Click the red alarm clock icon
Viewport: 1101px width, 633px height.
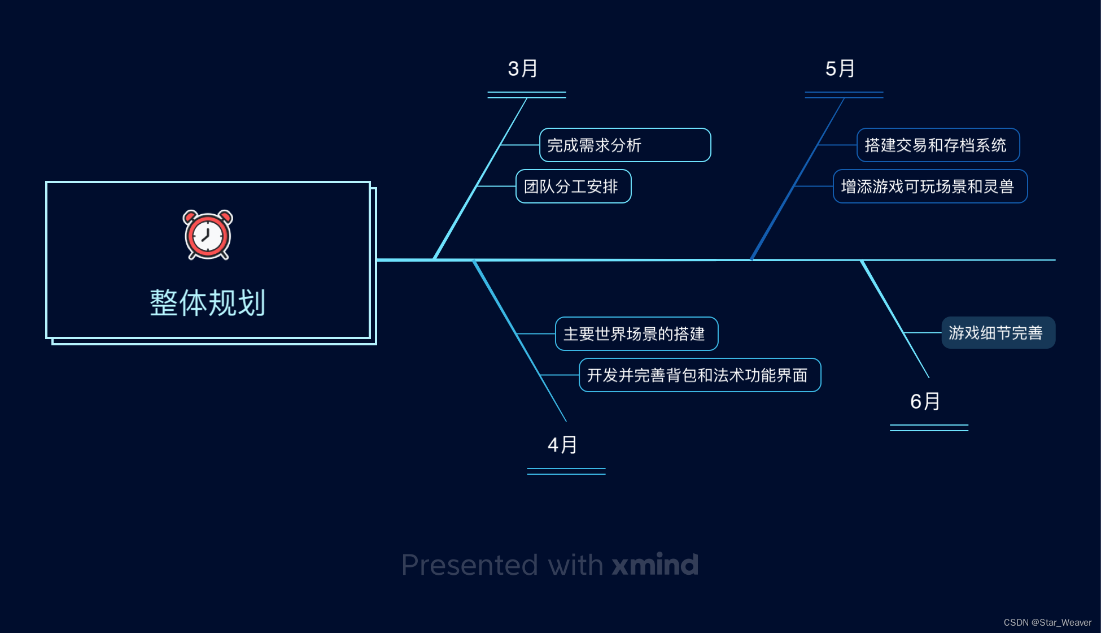208,235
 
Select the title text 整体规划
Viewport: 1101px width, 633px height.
208,303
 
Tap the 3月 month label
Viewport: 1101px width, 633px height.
523,69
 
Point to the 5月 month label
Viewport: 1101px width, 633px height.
840,69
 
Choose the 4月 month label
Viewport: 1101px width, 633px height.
562,445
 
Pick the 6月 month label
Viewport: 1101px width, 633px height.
925,402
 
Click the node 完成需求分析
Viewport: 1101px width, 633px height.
624,145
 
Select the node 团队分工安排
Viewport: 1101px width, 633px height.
573,187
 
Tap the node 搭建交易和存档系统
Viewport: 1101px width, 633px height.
938,145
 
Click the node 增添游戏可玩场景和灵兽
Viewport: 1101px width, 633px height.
930,187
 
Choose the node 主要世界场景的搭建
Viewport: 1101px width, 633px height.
636,334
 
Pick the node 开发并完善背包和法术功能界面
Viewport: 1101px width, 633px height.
700,375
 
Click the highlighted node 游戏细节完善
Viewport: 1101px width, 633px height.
998,333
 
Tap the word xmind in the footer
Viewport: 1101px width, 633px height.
655,565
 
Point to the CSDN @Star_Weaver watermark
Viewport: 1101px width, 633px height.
1047,622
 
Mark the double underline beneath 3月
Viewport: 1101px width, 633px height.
527,95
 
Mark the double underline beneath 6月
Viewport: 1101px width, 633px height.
929,428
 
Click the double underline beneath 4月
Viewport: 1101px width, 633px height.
566,471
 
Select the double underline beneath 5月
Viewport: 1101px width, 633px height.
844,95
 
